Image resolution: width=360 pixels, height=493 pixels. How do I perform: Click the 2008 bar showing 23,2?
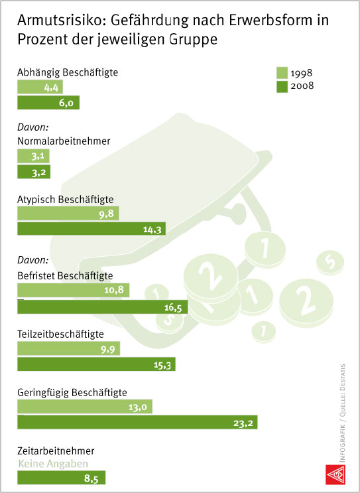tap(137, 422)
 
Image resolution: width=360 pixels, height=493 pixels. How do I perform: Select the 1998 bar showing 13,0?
tap(85, 407)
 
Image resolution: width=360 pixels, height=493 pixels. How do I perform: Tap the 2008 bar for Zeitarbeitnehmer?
tap(61, 478)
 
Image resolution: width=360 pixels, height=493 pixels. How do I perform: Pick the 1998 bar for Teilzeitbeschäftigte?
tap(68, 348)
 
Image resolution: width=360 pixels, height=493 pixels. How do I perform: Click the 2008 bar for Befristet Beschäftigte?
tap(102, 307)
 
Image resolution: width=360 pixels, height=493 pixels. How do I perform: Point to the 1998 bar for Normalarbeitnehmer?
tap(33, 156)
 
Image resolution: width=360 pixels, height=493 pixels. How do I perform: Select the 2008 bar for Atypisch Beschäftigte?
tap(91, 228)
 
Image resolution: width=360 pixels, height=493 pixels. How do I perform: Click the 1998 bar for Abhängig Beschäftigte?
tap(40, 87)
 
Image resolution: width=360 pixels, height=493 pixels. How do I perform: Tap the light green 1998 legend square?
tap(282, 73)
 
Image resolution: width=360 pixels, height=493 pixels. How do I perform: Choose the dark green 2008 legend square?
tap(282, 87)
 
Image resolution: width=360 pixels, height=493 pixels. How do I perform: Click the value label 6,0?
tap(66, 103)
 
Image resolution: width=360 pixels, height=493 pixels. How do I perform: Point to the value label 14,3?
tap(152, 230)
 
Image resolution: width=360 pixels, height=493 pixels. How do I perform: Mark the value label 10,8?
tap(114, 289)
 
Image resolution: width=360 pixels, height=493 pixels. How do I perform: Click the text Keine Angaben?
tap(53, 463)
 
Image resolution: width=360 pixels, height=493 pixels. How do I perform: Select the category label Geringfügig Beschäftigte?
tap(72, 393)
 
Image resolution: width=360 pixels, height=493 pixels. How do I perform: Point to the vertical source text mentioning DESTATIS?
tap(342, 413)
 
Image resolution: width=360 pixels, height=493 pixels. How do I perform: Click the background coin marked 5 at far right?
tap(330, 262)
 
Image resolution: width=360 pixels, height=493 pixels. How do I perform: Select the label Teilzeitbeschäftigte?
tap(60, 334)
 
